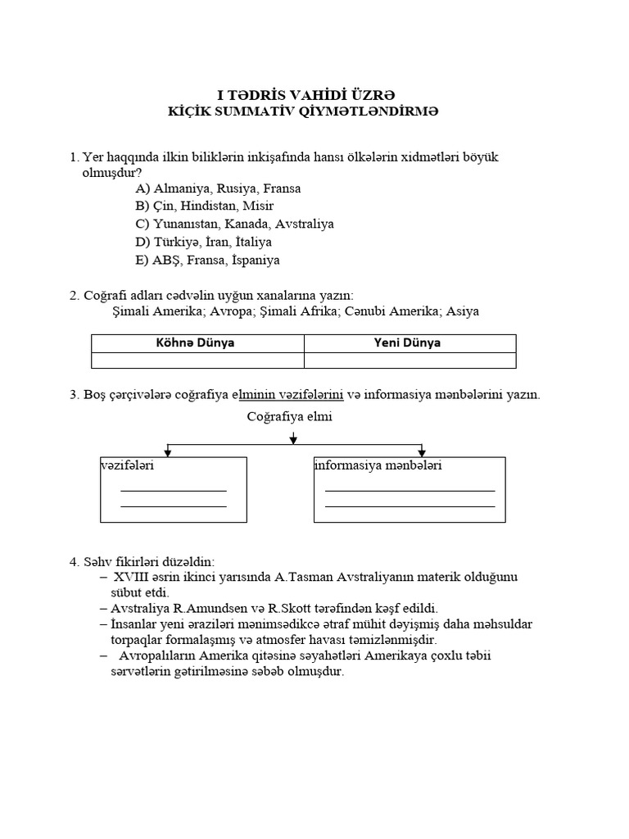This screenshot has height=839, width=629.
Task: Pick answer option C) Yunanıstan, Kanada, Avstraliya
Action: pos(235,224)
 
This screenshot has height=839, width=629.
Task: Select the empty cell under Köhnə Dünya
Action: pos(197,361)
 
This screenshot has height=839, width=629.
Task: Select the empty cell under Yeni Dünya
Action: pos(410,361)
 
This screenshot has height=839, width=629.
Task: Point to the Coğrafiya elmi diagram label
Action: pos(290,417)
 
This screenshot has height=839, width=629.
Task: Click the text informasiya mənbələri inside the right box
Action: pos(378,466)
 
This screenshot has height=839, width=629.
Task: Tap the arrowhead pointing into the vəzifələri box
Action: pos(168,451)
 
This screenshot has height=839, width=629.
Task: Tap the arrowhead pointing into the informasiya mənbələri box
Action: pos(422,451)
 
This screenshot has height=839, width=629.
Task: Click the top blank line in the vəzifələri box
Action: pos(173,490)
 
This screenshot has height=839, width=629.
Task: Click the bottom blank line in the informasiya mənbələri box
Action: pos(410,506)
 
